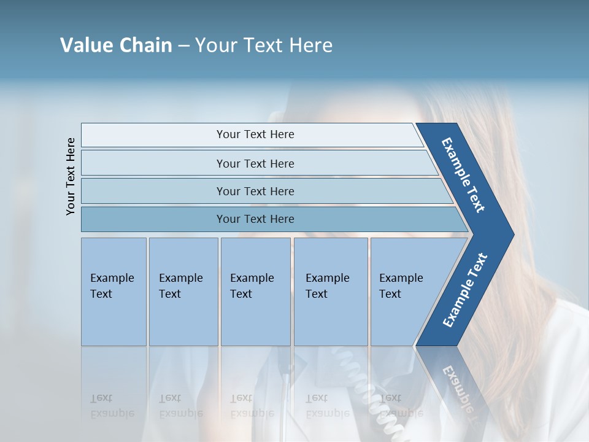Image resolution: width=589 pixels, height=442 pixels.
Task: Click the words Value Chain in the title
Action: coord(116,45)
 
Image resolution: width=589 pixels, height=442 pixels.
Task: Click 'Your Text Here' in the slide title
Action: coord(264,45)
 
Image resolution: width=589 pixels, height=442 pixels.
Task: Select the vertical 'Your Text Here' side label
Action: coord(71,176)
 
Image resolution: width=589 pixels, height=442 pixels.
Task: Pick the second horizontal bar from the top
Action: coord(255,163)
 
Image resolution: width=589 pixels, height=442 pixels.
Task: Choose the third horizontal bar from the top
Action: coord(255,191)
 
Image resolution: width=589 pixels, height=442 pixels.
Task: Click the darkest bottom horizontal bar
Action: coord(255,219)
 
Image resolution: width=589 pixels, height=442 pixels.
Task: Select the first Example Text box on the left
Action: coord(114,292)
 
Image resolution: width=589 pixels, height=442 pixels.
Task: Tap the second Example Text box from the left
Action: coord(183,292)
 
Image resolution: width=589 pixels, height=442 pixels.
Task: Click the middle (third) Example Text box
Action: coord(255,292)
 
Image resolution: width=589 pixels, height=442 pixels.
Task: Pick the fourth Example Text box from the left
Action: coord(331,292)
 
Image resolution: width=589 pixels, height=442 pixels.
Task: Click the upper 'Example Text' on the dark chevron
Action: coord(463,175)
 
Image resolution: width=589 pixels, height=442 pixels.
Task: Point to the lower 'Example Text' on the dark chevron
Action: coord(465,290)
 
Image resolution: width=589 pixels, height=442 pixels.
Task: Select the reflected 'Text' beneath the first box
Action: coord(101,398)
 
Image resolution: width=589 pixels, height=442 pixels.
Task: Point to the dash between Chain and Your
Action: coord(183,46)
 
